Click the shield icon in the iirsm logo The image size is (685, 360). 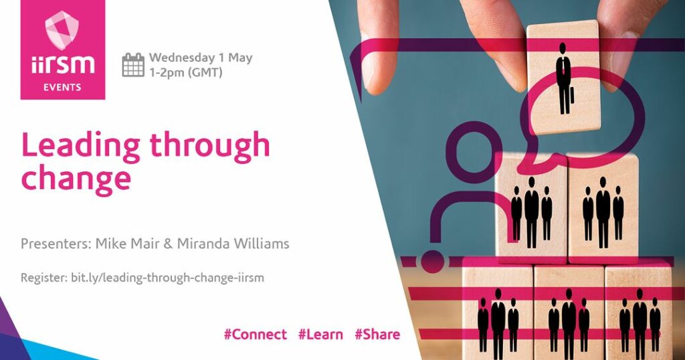[62, 29]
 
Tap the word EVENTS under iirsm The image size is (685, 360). [62, 88]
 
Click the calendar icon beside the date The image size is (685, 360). [133, 65]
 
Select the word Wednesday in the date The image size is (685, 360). [182, 58]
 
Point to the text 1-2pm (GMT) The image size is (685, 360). [186, 72]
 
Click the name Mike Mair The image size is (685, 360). [128, 244]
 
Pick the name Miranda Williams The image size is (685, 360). [233, 244]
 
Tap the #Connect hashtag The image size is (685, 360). [256, 335]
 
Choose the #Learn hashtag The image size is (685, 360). [320, 335]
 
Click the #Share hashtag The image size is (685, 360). [377, 335]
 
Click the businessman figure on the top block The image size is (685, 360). [564, 79]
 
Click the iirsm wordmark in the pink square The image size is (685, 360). [62, 65]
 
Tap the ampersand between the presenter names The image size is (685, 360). [168, 244]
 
